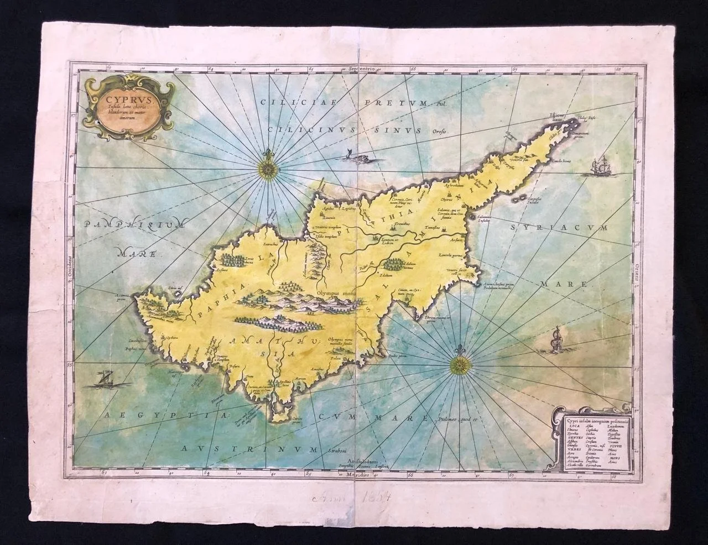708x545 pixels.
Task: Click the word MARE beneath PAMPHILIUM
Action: [137, 254]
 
